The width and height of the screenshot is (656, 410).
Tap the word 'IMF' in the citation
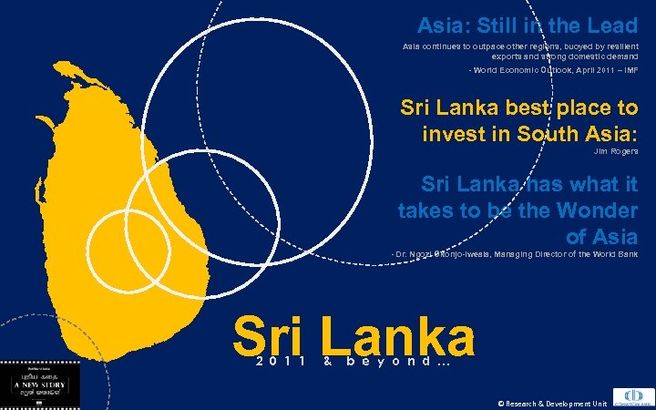tap(629, 70)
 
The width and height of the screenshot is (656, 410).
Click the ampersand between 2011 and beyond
tap(325, 362)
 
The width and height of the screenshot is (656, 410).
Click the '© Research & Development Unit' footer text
tap(551, 403)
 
